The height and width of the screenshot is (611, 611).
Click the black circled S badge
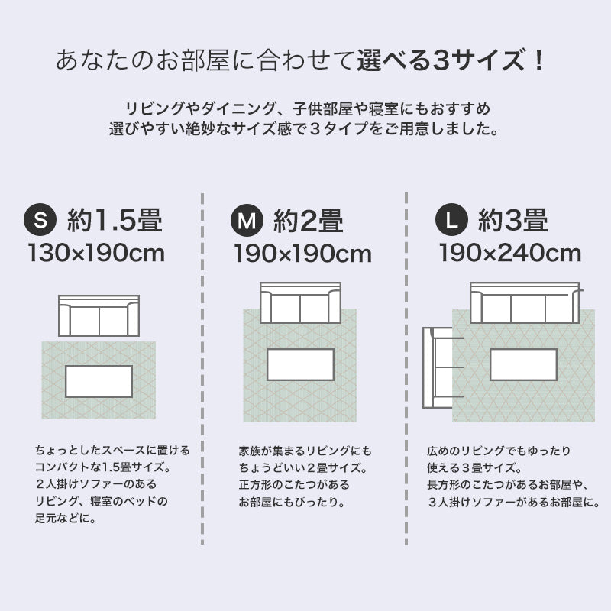(x=41, y=221)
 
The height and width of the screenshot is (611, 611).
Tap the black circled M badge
(x=246, y=221)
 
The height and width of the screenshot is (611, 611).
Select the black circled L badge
(x=452, y=221)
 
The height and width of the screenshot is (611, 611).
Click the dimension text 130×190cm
(x=96, y=253)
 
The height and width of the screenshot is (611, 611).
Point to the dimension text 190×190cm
(x=302, y=253)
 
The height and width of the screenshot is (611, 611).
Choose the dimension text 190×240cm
(x=509, y=253)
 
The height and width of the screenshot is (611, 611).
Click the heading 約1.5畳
(x=114, y=221)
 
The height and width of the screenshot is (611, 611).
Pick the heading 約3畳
(x=512, y=221)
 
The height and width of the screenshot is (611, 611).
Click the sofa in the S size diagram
(x=99, y=315)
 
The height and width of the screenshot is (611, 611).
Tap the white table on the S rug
(x=99, y=381)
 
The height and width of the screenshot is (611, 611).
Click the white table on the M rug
(x=300, y=364)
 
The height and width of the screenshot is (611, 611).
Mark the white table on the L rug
(x=523, y=364)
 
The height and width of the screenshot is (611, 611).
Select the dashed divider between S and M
(x=202, y=367)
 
